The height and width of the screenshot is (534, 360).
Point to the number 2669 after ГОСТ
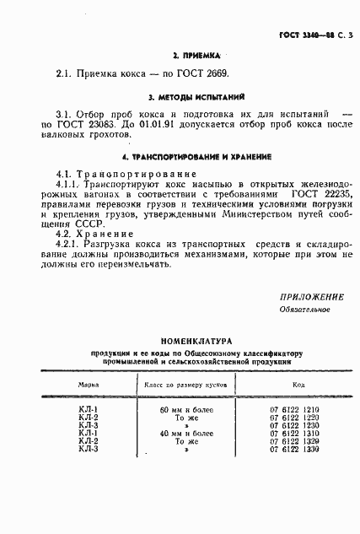212,73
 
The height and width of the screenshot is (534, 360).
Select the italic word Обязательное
304,309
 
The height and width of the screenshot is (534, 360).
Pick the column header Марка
89,382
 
